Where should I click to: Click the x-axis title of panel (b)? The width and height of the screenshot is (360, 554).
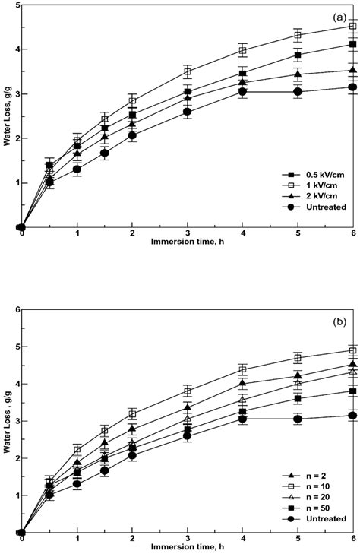188,549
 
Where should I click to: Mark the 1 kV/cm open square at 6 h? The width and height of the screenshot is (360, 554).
353,27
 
